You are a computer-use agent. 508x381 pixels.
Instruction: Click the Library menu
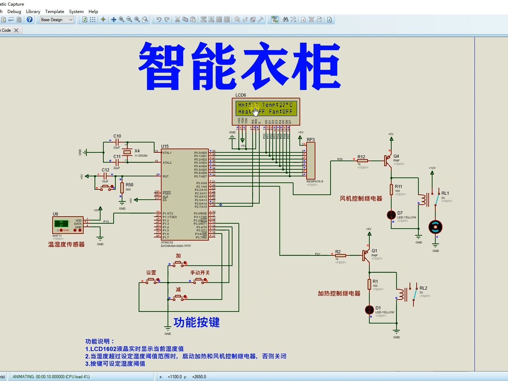(x=33, y=11)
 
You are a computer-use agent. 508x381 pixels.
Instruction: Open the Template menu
(x=54, y=11)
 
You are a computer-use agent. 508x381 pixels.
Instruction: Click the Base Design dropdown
(x=57, y=20)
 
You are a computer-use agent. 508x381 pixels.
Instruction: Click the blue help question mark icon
(x=30, y=19)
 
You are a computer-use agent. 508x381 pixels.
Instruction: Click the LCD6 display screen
(x=266, y=108)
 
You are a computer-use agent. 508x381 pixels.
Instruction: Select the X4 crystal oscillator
(x=127, y=152)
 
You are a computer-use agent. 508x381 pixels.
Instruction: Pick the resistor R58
(x=122, y=188)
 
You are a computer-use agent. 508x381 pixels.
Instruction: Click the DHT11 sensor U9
(x=68, y=225)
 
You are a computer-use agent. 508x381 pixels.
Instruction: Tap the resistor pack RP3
(x=310, y=161)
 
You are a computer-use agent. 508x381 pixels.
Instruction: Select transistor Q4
(x=388, y=161)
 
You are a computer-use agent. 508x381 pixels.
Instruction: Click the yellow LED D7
(x=391, y=215)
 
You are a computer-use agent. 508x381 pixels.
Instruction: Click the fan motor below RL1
(x=435, y=227)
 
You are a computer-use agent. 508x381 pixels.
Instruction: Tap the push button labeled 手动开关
(x=200, y=280)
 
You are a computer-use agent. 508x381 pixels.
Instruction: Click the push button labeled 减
(x=178, y=298)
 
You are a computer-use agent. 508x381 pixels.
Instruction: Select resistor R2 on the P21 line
(x=340, y=255)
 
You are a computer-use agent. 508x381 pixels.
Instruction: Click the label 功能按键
(x=196, y=322)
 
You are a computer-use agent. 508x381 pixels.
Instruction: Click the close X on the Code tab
(x=16, y=30)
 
